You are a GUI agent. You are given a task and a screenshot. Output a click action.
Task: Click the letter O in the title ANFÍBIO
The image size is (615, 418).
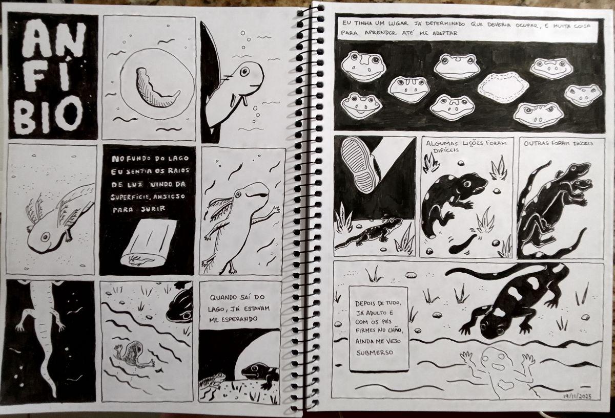(x=69, y=114)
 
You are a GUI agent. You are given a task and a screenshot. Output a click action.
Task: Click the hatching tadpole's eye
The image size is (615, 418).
(x=244, y=72)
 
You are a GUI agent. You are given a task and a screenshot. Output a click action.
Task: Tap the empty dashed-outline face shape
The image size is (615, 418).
(x=503, y=87)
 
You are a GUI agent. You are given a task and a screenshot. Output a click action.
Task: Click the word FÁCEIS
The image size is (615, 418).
(x=581, y=143)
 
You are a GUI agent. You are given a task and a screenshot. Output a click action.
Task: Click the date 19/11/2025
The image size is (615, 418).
(x=577, y=397)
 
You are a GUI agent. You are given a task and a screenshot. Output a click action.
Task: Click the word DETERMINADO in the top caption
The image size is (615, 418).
(x=447, y=24)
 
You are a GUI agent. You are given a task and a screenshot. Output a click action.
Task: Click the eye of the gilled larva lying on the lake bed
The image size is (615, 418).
(x=45, y=236)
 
